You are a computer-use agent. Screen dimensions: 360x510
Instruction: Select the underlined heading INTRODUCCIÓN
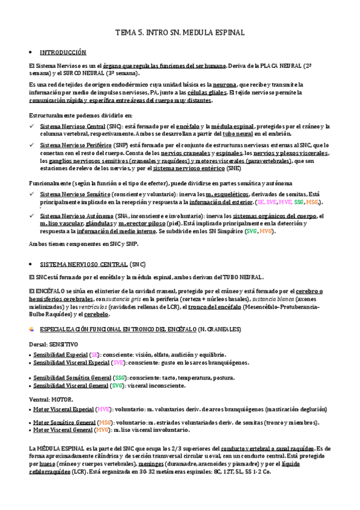tap(63, 52)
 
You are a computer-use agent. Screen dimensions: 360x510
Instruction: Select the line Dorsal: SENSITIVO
tap(53, 344)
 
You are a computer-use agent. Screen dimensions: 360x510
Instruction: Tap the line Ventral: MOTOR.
tap(51, 399)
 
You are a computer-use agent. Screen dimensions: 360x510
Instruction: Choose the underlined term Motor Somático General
tap(64, 423)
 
